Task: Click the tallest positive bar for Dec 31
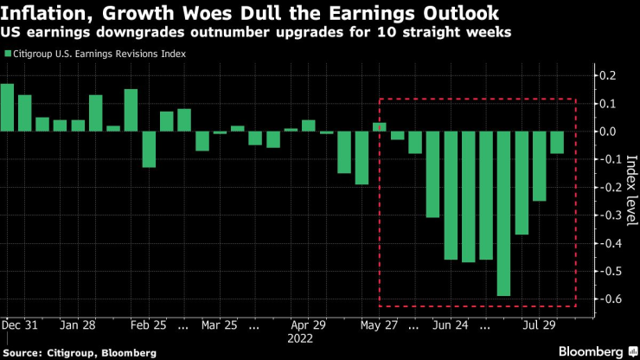(x=7, y=107)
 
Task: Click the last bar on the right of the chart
(x=557, y=143)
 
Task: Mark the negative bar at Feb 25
(x=149, y=150)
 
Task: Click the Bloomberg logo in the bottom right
(x=591, y=351)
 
